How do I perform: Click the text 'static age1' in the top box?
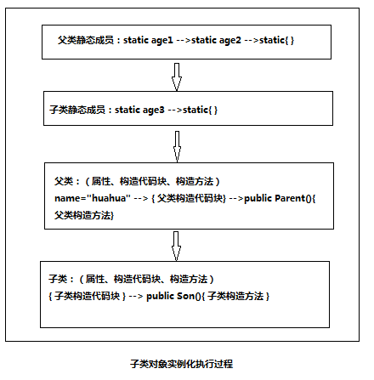(148, 40)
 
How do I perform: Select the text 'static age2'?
(216, 40)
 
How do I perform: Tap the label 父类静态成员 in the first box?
(86, 40)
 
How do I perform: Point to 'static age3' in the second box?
(139, 110)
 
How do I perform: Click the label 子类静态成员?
(77, 110)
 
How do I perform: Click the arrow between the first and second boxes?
(177, 77)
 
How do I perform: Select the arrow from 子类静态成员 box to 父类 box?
(177, 146)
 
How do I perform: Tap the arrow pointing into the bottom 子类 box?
(176, 246)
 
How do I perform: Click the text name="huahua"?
(93, 198)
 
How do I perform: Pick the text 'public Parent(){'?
(280, 198)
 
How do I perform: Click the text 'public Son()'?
(173, 296)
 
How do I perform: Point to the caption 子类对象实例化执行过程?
(182, 364)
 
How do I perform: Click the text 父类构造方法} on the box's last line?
(84, 215)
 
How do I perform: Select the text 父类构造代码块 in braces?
(190, 198)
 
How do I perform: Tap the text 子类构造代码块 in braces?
(88, 296)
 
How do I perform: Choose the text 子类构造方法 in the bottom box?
(235, 296)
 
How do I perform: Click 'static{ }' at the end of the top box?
(276, 40)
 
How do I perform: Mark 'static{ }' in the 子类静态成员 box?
(200, 110)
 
